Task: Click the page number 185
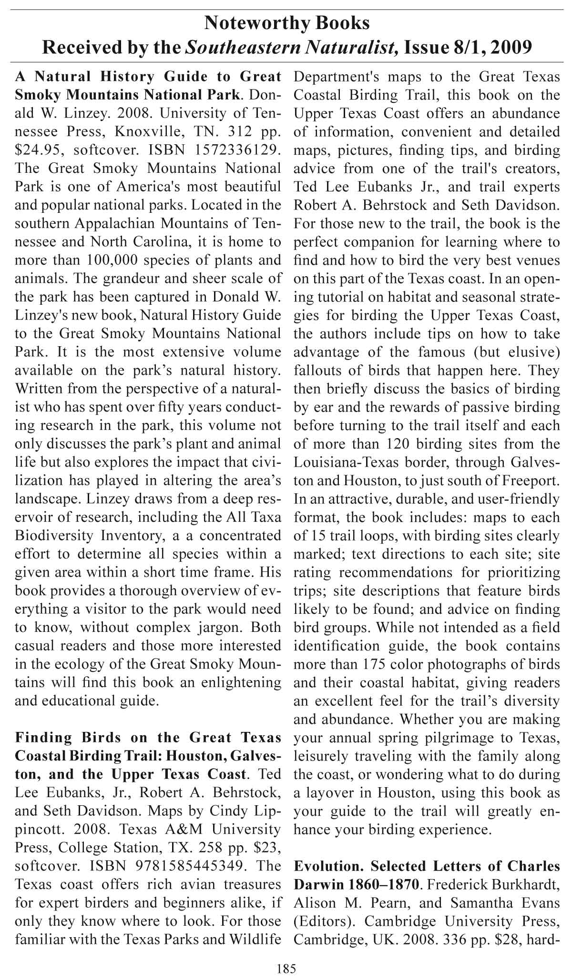tap(286, 968)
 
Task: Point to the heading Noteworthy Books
tap(286, 22)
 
